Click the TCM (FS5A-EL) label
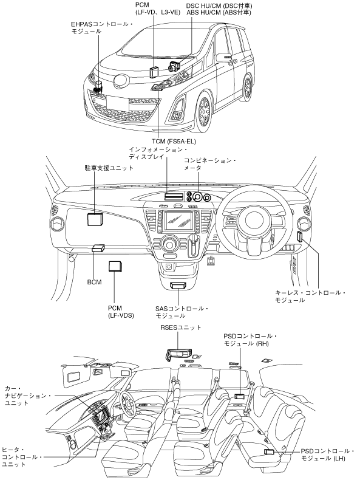click(174, 141)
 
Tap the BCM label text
click(94, 282)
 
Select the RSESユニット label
click(181, 327)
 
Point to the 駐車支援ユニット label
click(109, 168)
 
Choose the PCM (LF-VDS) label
click(121, 312)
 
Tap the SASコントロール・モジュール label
click(182, 312)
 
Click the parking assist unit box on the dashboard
click(95, 219)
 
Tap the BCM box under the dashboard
click(98, 248)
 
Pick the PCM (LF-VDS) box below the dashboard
click(115, 266)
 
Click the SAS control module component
click(178, 286)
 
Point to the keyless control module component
click(300, 236)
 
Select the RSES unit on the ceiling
click(179, 355)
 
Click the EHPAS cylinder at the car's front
click(98, 86)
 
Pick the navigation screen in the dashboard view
click(178, 220)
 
